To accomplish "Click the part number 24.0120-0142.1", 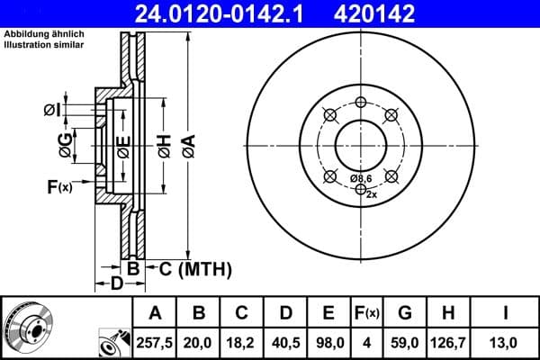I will click(233, 14).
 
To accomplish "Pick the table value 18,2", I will click(242, 342).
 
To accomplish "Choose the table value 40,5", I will click(285, 342).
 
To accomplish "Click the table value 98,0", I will click(328, 342).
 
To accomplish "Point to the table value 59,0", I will click(405, 342).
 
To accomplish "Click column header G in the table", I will click(405, 313).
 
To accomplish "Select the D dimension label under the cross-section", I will click(116, 284).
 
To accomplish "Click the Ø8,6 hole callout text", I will click(361, 179).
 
